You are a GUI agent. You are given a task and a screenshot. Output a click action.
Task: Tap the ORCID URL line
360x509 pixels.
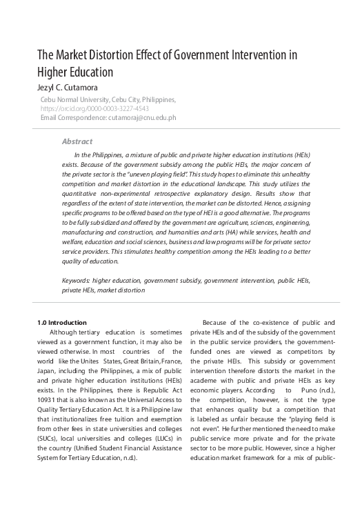pos(94,109)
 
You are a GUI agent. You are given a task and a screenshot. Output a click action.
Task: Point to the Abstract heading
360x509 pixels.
pos(77,141)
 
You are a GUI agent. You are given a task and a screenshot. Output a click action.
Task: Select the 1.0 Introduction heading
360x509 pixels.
pos(61,322)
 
